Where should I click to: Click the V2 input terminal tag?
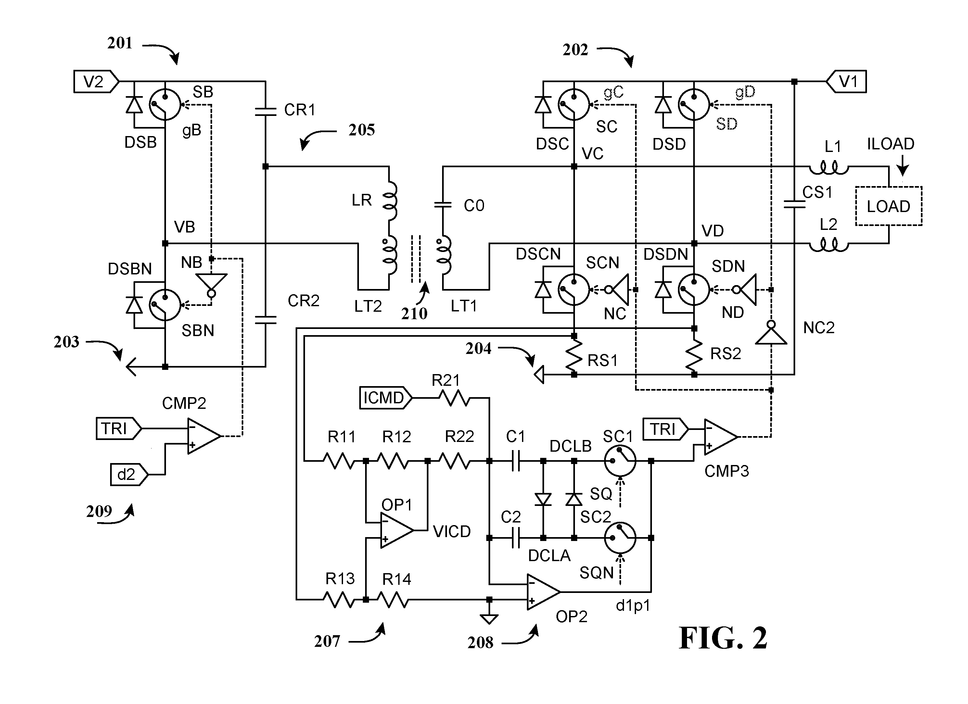click(96, 81)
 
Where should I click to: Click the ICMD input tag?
click(385, 398)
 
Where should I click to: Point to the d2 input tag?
click(129, 474)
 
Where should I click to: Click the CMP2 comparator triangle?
click(204, 436)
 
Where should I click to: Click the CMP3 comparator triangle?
click(720, 436)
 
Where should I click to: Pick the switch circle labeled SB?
click(165, 105)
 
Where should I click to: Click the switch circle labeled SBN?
click(165, 305)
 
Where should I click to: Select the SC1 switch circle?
click(620, 461)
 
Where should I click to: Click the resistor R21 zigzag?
click(454, 398)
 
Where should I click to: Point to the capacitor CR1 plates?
click(265, 112)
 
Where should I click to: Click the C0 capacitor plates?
click(443, 205)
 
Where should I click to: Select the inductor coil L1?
click(829, 169)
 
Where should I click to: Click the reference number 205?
click(362, 130)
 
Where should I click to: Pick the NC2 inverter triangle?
click(771, 333)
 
